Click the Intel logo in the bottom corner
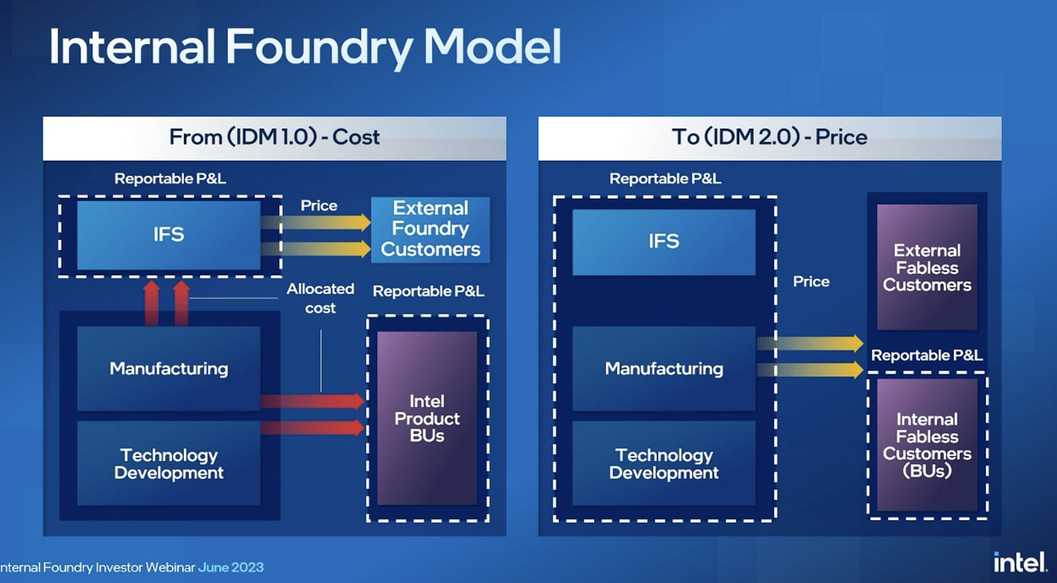1021,562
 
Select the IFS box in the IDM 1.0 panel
169,235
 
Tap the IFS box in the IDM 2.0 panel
664,242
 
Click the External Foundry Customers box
430,229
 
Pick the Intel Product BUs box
427,418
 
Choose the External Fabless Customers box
927,267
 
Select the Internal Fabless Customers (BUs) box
927,445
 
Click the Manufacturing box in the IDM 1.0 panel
169,369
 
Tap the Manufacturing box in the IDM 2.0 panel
664,369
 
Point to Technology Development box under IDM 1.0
169,463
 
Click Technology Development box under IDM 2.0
664,463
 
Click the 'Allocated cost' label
320,298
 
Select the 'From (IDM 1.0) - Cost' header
275,137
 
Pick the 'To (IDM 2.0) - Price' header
770,137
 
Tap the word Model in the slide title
492,47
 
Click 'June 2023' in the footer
231,567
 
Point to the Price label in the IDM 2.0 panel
811,282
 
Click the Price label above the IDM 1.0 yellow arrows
319,206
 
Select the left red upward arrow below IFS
151,302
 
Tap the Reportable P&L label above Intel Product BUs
428,291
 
